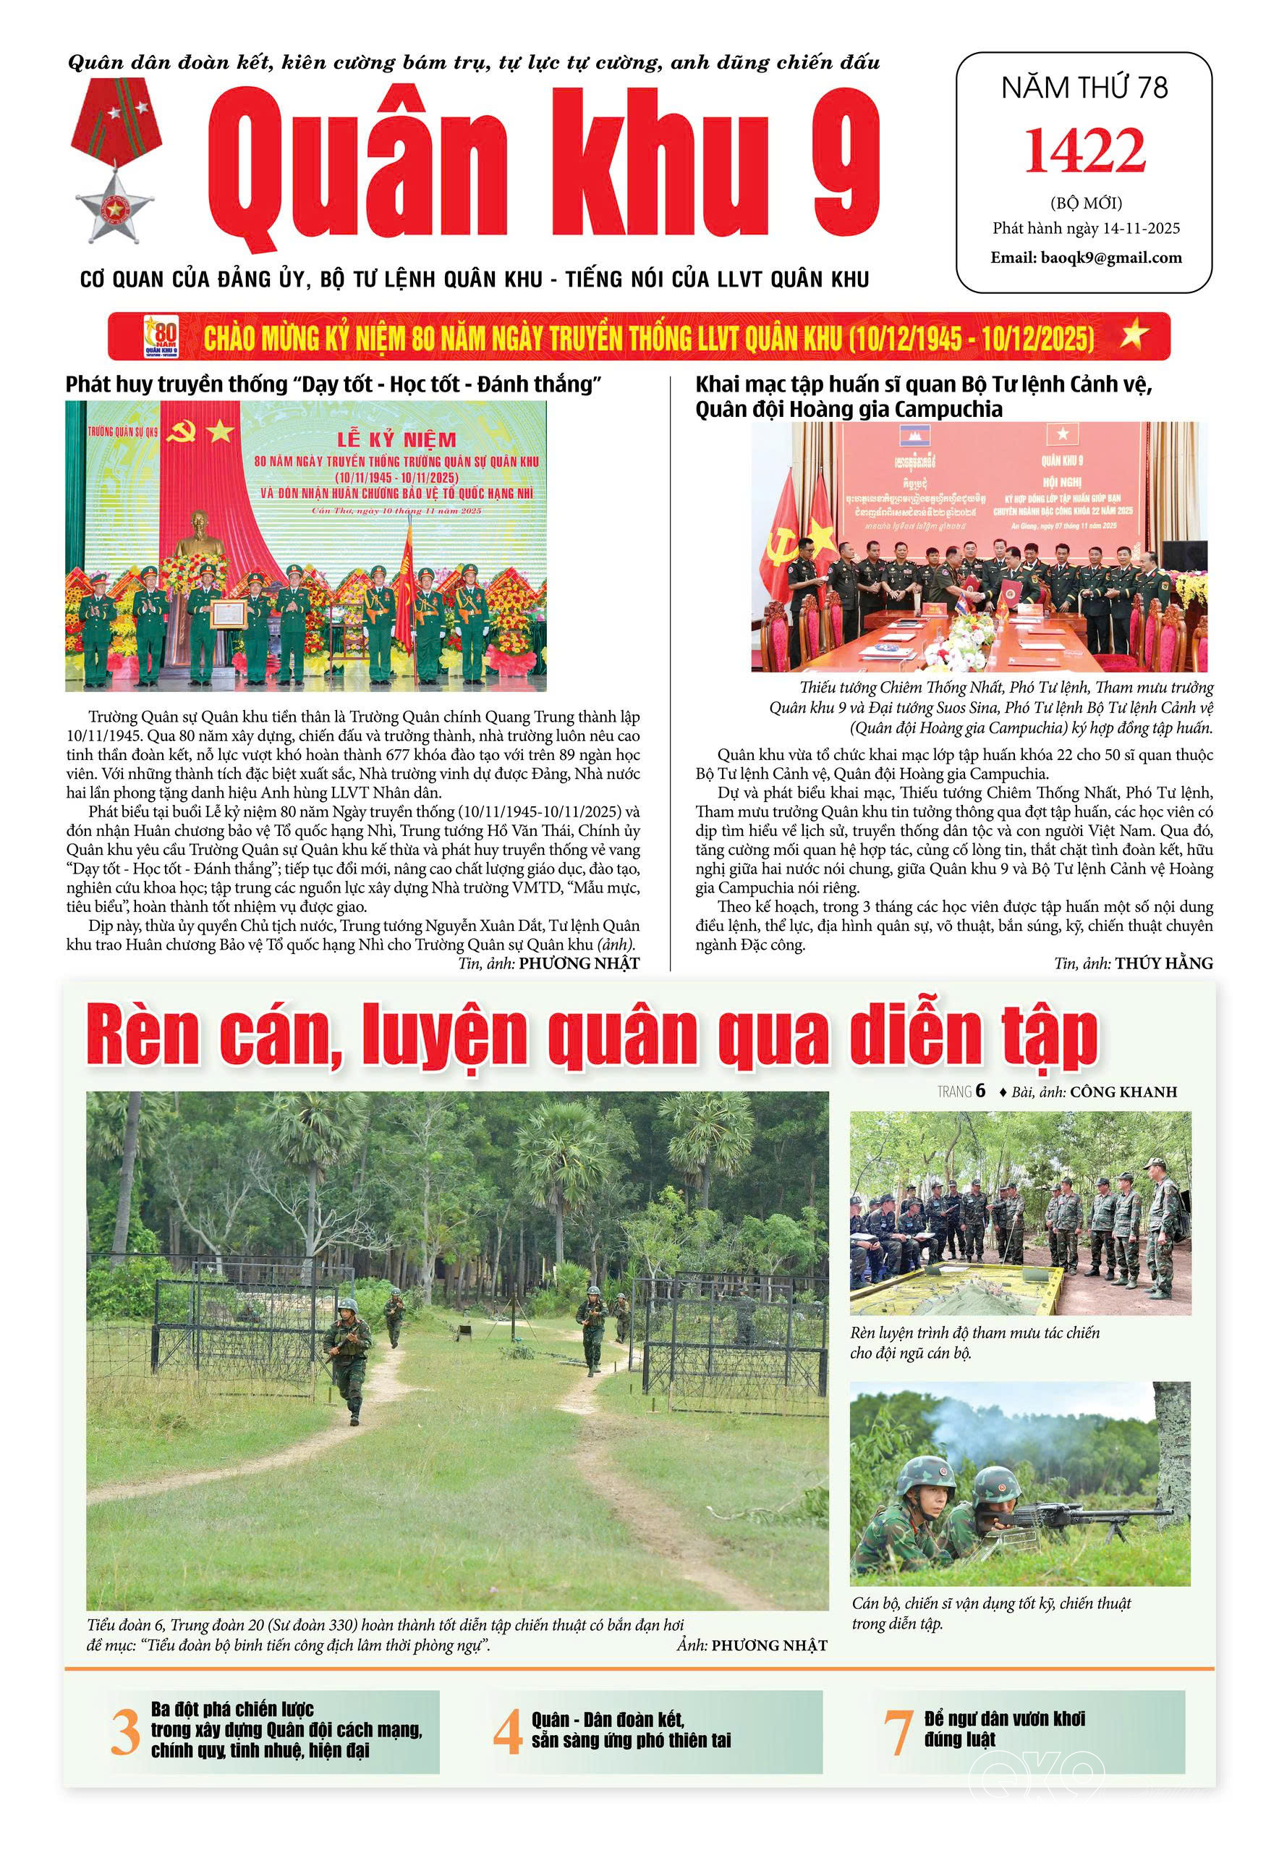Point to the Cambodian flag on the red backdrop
[909, 437]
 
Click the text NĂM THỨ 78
[1084, 88]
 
